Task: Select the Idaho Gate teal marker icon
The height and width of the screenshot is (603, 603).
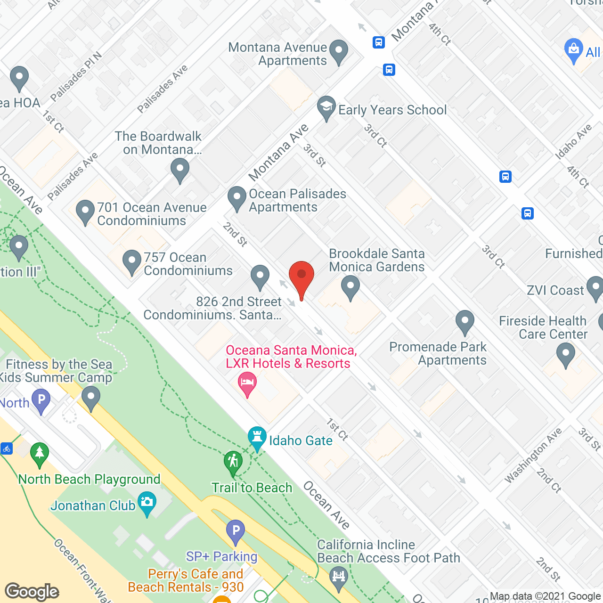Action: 257,438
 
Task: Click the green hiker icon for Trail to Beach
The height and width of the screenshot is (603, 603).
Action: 233,462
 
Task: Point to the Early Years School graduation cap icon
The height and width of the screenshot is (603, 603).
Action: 326,108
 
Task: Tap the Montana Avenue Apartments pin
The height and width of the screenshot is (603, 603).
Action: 338,51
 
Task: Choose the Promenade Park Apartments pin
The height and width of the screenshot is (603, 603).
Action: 465,322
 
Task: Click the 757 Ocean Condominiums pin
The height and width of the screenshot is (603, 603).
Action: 132,261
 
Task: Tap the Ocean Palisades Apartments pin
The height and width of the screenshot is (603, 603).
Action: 237,198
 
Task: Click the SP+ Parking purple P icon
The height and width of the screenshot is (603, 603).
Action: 236,531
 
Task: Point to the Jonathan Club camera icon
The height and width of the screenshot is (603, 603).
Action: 147,503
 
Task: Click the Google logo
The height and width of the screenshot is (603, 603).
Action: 32,591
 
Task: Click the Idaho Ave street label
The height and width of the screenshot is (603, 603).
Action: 573,141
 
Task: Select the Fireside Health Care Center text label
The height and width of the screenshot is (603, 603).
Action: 543,327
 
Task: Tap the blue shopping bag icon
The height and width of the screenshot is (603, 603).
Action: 573,50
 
